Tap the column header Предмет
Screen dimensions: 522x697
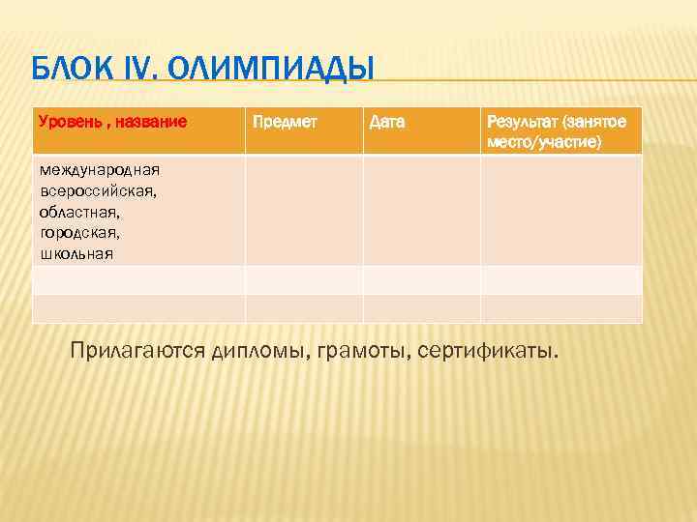click(285, 123)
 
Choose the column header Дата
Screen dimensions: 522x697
click(387, 123)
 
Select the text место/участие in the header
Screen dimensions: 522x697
click(543, 142)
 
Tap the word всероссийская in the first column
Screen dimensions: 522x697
click(98, 190)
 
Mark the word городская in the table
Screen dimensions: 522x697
click(79, 233)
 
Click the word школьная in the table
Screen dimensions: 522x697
click(76, 254)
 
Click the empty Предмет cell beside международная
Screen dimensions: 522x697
click(304, 211)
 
